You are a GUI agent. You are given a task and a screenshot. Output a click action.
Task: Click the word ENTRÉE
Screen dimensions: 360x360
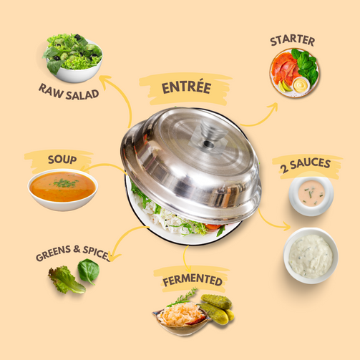click(186, 87)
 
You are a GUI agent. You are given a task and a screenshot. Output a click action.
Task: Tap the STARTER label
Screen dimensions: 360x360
click(293, 40)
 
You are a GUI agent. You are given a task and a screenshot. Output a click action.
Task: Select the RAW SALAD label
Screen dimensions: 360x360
click(69, 92)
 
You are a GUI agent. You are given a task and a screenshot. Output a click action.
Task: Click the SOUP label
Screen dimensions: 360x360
click(62, 160)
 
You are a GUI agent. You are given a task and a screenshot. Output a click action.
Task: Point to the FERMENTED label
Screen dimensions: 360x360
click(193, 280)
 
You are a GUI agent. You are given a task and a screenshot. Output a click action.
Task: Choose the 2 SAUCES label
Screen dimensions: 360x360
click(305, 165)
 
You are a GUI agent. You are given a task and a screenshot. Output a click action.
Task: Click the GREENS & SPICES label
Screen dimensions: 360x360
click(74, 253)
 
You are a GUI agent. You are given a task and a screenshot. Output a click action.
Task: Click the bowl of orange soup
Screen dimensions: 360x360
click(63, 190)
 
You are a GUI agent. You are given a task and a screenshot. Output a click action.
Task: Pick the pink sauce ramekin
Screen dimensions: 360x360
click(311, 195)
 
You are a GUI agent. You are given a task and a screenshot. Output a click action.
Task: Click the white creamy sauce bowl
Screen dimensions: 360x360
click(311, 256)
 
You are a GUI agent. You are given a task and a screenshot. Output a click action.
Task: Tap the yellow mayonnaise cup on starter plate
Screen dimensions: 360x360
click(301, 84)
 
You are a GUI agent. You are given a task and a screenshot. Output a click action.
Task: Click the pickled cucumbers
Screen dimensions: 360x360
click(218, 309)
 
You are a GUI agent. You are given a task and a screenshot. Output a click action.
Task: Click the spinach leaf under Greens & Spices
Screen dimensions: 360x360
click(89, 271)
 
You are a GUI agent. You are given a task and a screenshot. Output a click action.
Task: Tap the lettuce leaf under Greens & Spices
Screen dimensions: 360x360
click(66, 280)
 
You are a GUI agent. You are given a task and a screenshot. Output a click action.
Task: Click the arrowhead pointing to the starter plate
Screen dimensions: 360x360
click(273, 107)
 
